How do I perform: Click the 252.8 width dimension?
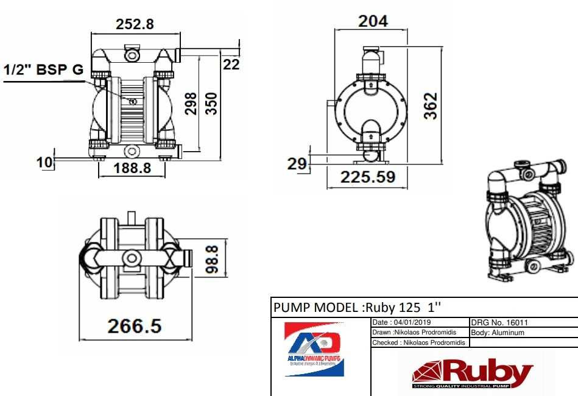click(x=135, y=24)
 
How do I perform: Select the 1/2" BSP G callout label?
click(x=43, y=70)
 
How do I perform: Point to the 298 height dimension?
click(x=190, y=104)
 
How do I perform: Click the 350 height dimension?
click(x=211, y=104)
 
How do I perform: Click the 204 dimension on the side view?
click(x=373, y=21)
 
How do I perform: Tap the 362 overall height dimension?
click(x=430, y=107)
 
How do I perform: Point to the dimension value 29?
click(x=297, y=164)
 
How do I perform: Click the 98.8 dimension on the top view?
click(x=213, y=260)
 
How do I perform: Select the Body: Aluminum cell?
click(x=498, y=333)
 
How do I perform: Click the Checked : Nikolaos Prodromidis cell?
click(x=418, y=343)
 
